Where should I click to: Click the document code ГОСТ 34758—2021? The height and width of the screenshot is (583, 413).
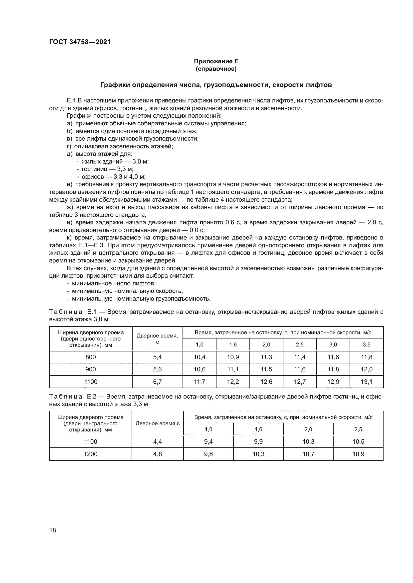point(80,42)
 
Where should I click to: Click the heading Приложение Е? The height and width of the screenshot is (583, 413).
point(216,61)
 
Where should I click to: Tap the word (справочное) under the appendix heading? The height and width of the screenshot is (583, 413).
point(216,69)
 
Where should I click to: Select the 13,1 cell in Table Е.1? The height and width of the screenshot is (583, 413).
point(367,382)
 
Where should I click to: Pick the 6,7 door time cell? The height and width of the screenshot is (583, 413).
point(157,382)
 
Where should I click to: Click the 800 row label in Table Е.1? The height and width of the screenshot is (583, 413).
point(91,357)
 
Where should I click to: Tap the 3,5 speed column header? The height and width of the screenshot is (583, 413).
point(367,344)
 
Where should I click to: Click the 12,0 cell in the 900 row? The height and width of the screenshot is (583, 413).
point(367,369)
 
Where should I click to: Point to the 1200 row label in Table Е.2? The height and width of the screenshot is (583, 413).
point(91,454)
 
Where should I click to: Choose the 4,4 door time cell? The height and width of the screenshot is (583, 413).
point(157,442)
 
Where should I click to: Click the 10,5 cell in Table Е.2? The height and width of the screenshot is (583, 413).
point(358,442)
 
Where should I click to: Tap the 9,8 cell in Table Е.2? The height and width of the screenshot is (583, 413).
point(208,454)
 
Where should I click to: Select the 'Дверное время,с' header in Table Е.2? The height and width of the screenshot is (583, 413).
point(157,423)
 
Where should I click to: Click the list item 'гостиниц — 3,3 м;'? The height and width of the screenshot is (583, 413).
point(107,169)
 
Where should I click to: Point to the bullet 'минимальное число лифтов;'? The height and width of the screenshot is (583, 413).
point(114,283)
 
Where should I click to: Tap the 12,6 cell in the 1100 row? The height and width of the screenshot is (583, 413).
point(266,382)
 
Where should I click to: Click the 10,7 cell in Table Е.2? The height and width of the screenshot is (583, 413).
point(308,454)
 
